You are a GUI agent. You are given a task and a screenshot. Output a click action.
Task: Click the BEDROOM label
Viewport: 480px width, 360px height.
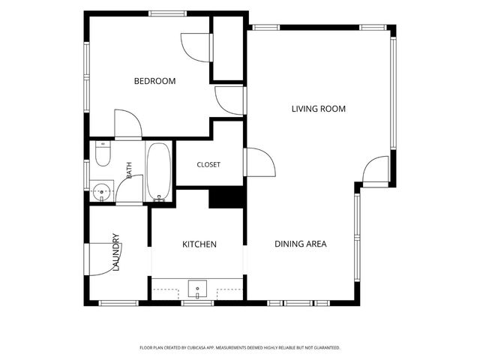tap(155, 81)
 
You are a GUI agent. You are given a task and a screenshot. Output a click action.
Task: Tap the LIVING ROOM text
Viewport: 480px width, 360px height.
tap(319, 109)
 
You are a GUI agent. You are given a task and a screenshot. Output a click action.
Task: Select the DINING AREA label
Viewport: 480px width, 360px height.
tap(300, 244)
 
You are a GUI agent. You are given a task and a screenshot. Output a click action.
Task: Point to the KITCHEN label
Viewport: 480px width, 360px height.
tap(199, 244)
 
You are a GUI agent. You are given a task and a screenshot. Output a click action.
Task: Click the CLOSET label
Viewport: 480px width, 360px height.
tap(208, 165)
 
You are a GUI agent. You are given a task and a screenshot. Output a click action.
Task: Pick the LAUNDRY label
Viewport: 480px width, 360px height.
tap(115, 252)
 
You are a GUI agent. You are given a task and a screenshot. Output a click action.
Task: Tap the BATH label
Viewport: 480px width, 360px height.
tap(129, 170)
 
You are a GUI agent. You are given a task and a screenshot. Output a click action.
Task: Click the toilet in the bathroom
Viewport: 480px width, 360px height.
tap(103, 154)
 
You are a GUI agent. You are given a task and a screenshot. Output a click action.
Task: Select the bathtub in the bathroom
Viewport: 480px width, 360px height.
tap(158, 172)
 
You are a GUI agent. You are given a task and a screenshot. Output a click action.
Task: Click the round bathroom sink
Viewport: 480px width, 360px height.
tap(102, 192)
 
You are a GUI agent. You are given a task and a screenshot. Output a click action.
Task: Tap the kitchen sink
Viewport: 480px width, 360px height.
tap(197, 289)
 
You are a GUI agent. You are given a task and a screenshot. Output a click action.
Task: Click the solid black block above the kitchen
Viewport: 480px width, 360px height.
tap(226, 198)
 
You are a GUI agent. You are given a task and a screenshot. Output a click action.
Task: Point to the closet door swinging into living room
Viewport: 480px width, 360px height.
tap(260, 162)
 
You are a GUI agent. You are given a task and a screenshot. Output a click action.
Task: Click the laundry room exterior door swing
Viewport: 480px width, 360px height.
tap(103, 259)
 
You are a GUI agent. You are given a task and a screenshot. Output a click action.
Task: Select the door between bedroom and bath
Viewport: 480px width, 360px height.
tap(128, 124)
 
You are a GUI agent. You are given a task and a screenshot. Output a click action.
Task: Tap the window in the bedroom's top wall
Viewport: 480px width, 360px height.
tap(168, 13)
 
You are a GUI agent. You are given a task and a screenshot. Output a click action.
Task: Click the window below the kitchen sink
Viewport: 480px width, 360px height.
tap(197, 303)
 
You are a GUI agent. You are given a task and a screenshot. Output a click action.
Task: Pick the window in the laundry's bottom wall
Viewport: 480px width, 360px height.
tap(118, 303)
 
